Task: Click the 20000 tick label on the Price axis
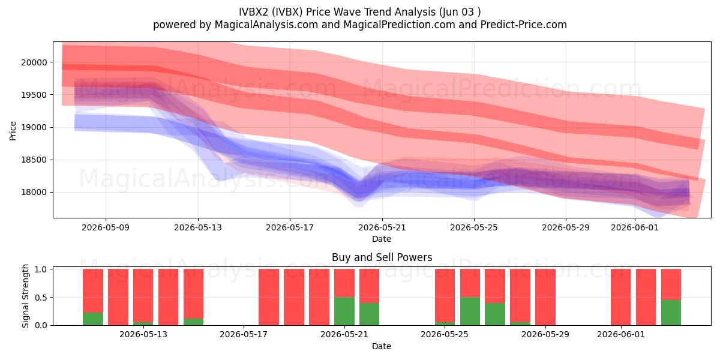pos(34,62)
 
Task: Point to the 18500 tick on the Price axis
pos(34,160)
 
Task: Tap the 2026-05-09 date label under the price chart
pos(106,227)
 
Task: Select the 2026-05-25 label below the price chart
pos(474,227)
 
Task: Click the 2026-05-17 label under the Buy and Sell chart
pos(244,335)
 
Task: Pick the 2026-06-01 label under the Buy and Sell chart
pos(621,335)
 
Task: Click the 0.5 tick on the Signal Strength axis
pos(41,298)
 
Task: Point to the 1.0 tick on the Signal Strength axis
pos(41,269)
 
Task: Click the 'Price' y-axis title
pos(13,131)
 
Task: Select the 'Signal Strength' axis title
pos(25,296)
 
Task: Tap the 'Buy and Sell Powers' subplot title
pos(382,257)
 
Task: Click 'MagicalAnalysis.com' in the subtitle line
pos(266,25)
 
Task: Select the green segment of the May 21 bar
pos(344,311)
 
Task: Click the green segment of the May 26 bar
pos(470,311)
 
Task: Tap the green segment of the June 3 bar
pos(671,313)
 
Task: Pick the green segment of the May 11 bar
pos(93,319)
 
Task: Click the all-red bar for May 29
pos(545,297)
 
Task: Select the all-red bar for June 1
pos(620,297)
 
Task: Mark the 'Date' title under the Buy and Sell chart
pos(382,347)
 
